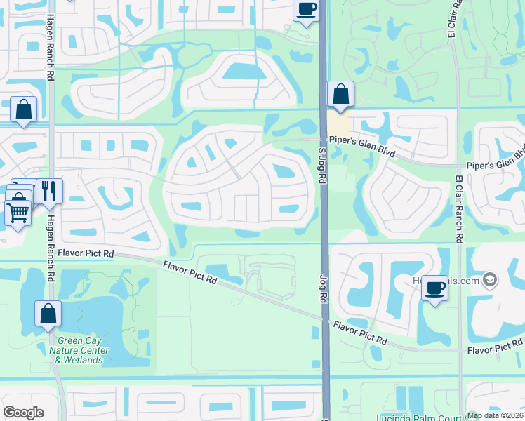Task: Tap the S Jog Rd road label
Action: (x=323, y=164)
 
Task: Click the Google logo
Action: (x=23, y=413)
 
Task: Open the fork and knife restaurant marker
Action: (x=49, y=190)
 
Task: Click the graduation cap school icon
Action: (x=490, y=281)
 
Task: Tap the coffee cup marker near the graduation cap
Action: (x=434, y=288)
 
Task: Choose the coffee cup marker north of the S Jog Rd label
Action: (x=305, y=11)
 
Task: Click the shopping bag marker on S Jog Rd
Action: (x=340, y=94)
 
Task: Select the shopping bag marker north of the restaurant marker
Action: (x=23, y=109)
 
